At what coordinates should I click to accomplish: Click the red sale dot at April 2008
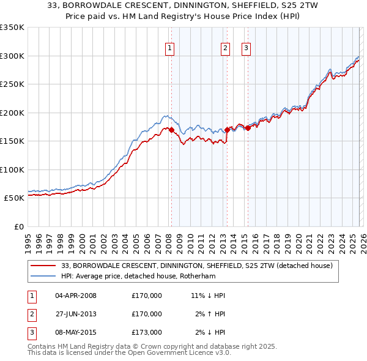click(x=171, y=130)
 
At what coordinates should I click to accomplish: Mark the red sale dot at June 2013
click(x=228, y=130)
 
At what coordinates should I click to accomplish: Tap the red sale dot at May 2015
click(x=248, y=128)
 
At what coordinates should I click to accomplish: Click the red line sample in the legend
click(x=43, y=266)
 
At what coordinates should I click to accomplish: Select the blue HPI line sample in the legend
click(x=43, y=276)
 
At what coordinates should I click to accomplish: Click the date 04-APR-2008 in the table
click(x=76, y=296)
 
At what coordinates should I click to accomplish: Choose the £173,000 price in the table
click(x=147, y=332)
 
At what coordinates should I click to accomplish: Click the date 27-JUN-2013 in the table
click(x=76, y=314)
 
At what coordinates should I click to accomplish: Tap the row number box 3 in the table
click(x=31, y=332)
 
